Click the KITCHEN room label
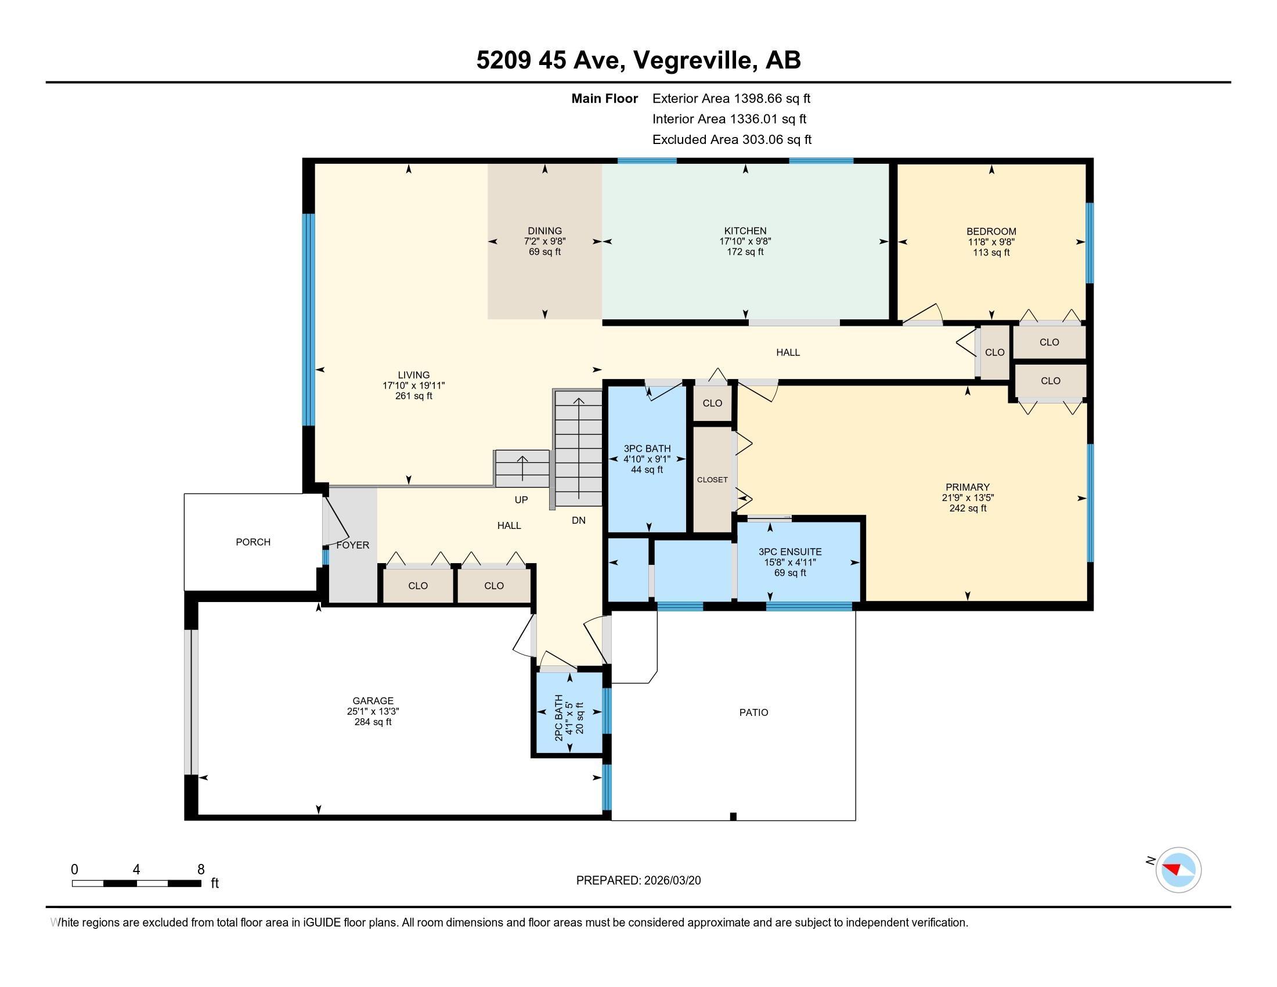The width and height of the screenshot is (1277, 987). tap(745, 231)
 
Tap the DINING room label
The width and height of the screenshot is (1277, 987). tap(544, 231)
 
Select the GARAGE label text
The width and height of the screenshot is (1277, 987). tap(373, 701)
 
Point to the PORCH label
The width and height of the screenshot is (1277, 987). tap(253, 542)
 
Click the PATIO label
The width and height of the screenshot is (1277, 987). tap(753, 712)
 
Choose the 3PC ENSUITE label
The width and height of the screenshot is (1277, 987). tap(790, 552)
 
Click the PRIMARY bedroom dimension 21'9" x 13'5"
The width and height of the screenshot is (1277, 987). tap(968, 498)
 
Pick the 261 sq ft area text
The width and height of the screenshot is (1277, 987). tap(414, 396)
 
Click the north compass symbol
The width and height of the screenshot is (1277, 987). tap(1178, 870)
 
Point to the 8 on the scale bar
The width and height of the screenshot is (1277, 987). tap(201, 869)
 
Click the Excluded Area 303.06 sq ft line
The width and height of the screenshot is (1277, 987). tap(732, 139)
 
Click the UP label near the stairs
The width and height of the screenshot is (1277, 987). tap(521, 499)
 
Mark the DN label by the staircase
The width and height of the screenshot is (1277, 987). tap(578, 520)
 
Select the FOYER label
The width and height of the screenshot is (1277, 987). tap(352, 545)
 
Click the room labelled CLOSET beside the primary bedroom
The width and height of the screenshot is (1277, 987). tap(712, 480)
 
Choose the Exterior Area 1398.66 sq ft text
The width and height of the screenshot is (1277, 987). tap(731, 98)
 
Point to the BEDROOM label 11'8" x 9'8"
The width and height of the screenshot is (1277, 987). tap(991, 231)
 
